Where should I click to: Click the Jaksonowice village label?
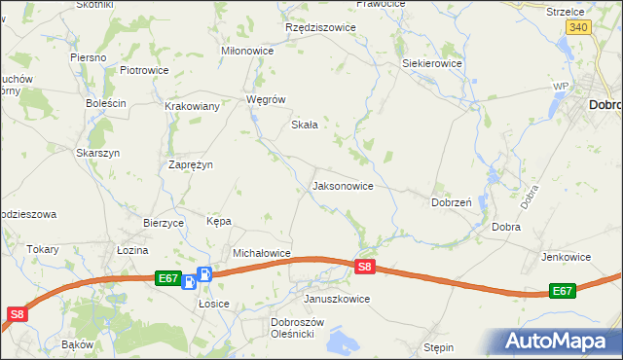[342, 185]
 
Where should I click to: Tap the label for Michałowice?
[262, 253]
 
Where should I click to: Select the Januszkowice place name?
[337, 299]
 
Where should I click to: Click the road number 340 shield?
[578, 27]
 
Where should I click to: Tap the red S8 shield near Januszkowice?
[364, 266]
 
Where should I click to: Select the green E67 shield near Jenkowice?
[563, 290]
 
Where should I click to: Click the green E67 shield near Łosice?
[167, 278]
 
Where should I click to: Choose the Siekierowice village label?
[432, 63]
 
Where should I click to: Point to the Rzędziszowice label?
[320, 27]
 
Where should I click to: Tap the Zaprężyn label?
[190, 164]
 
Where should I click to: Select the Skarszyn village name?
[97, 153]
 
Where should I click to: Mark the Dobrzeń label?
[452, 203]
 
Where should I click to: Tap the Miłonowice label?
[248, 51]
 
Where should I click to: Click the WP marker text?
[560, 87]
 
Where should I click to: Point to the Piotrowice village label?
[144, 70]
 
